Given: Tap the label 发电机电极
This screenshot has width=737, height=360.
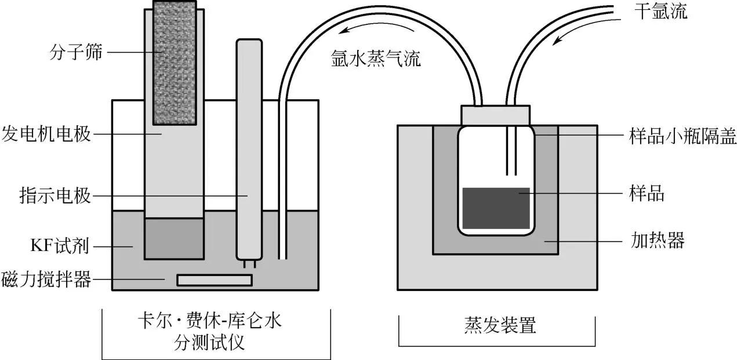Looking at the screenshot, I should [x=46, y=134].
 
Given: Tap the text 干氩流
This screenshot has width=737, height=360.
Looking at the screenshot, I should [x=660, y=12].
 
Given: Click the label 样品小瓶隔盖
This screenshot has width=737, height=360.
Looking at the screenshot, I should [x=682, y=137].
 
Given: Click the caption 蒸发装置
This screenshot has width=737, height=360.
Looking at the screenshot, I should [x=496, y=325].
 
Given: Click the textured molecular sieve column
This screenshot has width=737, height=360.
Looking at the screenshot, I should [x=178, y=63].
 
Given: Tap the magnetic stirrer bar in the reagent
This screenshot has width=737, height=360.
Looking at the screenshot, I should [x=215, y=280].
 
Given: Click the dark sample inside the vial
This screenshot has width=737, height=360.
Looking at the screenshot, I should [x=496, y=208].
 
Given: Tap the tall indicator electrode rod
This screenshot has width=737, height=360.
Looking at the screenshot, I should [x=250, y=151].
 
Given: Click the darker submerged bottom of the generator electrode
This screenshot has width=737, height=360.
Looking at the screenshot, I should [x=174, y=238].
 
